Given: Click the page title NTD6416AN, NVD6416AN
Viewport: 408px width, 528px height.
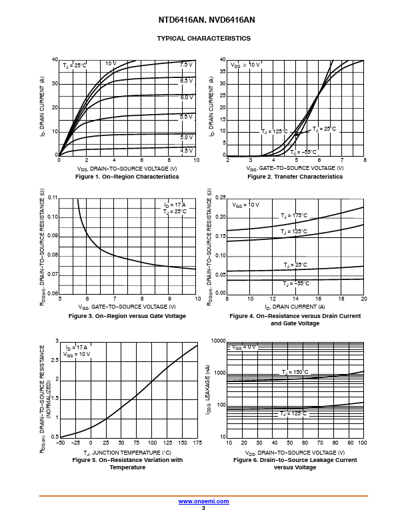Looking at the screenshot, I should [x=204, y=21].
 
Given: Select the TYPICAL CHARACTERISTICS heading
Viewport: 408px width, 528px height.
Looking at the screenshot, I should [x=204, y=39].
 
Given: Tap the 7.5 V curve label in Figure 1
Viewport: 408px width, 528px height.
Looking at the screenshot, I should [x=186, y=65].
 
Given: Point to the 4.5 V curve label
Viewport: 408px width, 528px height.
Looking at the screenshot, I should [x=187, y=151].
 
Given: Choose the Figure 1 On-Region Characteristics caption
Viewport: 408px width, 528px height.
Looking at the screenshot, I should [x=127, y=177].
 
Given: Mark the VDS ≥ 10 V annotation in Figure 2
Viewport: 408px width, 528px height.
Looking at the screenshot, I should [x=246, y=65].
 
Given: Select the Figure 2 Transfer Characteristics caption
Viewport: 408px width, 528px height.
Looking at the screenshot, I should [x=295, y=177].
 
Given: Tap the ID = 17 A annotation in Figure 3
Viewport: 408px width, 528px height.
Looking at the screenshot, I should [x=175, y=203].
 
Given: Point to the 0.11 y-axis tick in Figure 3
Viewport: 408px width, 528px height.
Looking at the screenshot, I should [x=54, y=198].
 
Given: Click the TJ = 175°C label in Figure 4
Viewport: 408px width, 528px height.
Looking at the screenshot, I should [x=294, y=215].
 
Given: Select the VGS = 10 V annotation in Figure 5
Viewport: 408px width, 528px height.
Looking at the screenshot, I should [x=77, y=355].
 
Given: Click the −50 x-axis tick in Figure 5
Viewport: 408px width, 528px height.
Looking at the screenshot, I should [x=60, y=443].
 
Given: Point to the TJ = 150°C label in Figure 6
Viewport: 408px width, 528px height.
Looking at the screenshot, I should [x=294, y=372].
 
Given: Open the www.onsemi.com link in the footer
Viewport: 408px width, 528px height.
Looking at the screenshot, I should [x=204, y=501].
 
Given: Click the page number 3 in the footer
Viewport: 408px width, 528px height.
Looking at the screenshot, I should [x=204, y=508].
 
